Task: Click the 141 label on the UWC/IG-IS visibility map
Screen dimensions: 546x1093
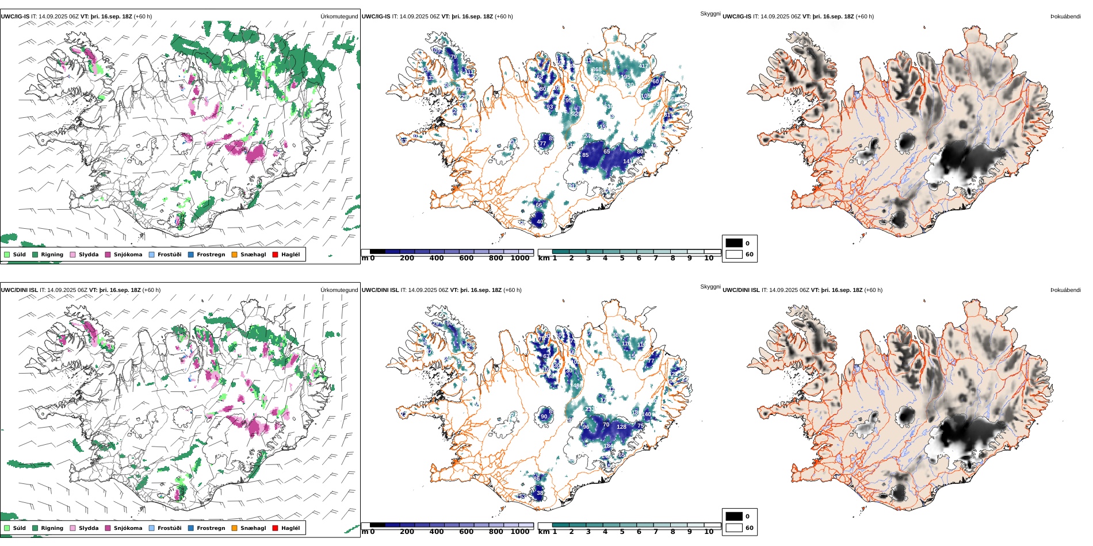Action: pos(628,162)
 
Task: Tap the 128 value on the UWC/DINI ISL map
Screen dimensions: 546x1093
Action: pos(621,427)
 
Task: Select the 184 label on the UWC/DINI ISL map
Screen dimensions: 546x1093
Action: pos(608,446)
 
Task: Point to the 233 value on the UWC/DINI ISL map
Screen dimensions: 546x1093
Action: pos(589,410)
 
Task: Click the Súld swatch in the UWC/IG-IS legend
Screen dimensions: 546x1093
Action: pos(7,255)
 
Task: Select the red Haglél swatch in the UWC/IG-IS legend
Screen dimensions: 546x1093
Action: pos(275,255)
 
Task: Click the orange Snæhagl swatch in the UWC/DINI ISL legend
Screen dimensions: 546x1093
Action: pos(234,528)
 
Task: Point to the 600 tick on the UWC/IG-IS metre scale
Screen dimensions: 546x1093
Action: pos(466,258)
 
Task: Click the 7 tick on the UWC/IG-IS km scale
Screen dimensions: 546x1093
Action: pos(655,258)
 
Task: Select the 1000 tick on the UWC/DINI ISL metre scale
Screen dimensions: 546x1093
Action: pos(519,532)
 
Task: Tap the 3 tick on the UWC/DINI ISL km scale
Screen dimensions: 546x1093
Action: pos(588,532)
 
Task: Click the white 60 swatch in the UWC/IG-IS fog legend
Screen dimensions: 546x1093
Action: pos(734,254)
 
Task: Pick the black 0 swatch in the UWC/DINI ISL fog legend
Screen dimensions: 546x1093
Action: pos(734,516)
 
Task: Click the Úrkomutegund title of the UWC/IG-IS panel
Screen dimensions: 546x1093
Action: pos(339,17)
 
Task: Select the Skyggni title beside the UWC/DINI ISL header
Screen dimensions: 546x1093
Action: pos(710,287)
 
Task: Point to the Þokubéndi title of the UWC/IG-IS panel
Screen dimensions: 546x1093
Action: pos(1065,17)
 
